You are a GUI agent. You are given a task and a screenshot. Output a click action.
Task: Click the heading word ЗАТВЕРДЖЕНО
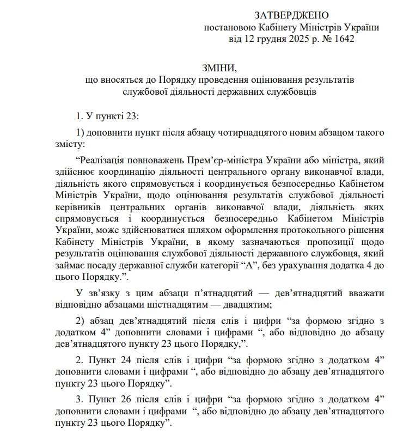(x=291, y=15)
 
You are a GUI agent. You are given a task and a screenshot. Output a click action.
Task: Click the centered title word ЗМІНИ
(x=219, y=68)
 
